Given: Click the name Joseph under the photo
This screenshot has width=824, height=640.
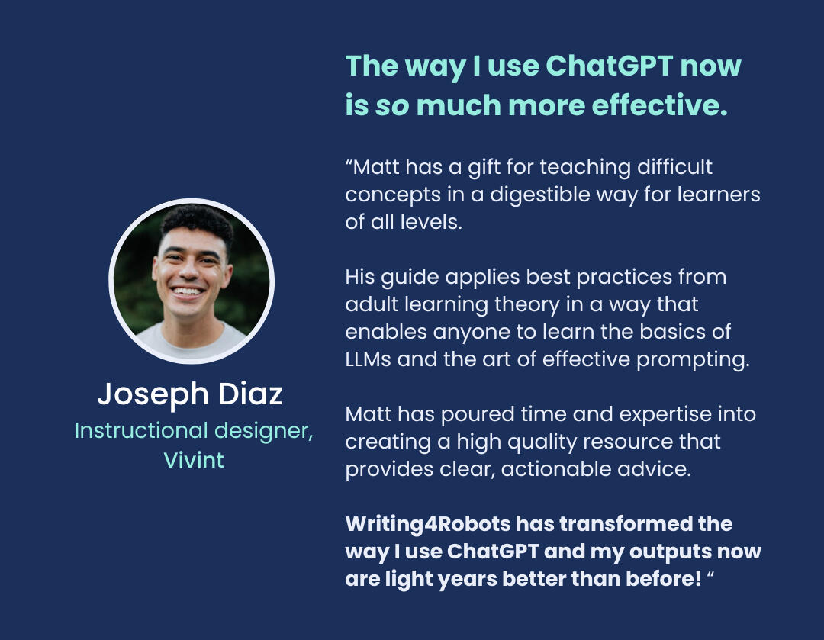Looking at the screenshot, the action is tap(153, 394).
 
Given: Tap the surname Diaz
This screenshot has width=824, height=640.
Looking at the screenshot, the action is tap(250, 394).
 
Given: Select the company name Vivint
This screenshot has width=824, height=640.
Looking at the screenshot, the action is tap(194, 460).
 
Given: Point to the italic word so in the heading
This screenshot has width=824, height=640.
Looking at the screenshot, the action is tap(392, 105).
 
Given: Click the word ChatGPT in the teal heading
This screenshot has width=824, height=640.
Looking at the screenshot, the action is tap(609, 66).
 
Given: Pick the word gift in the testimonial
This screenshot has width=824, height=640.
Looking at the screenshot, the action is tap(484, 168).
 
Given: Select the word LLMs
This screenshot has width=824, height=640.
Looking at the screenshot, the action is tap(368, 359).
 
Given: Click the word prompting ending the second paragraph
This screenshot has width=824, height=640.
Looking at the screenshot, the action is tap(693, 360).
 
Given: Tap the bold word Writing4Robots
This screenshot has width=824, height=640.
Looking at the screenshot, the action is tap(428, 524).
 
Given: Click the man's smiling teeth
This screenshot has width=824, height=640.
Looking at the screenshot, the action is tap(187, 291).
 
